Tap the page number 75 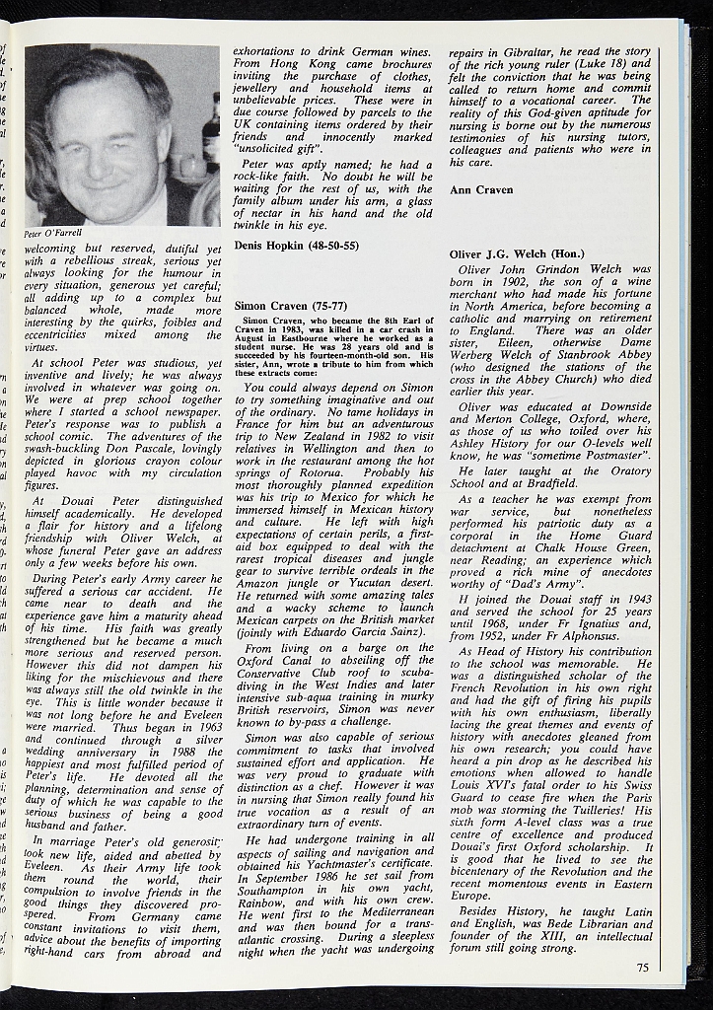(642, 968)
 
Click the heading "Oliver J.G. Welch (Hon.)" (514, 253)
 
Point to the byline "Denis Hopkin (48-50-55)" (296, 245)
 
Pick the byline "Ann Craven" (481, 189)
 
